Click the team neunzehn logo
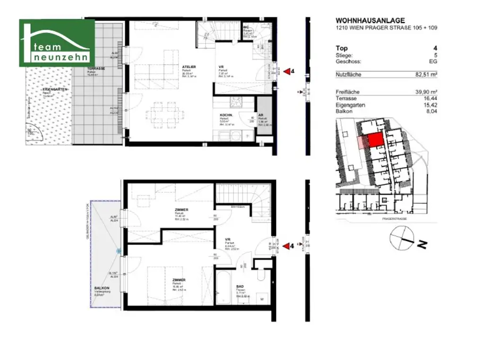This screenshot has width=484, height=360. (57, 43)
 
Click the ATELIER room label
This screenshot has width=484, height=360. (190, 67)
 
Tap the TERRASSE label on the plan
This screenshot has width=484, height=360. (95, 69)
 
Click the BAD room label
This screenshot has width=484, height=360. (240, 286)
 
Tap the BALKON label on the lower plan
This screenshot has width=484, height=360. (102, 288)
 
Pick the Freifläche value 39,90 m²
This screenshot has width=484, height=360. (426, 92)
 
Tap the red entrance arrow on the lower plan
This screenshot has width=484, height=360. (286, 246)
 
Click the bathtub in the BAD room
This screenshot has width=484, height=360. (226, 288)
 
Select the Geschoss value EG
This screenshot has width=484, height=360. (433, 61)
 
